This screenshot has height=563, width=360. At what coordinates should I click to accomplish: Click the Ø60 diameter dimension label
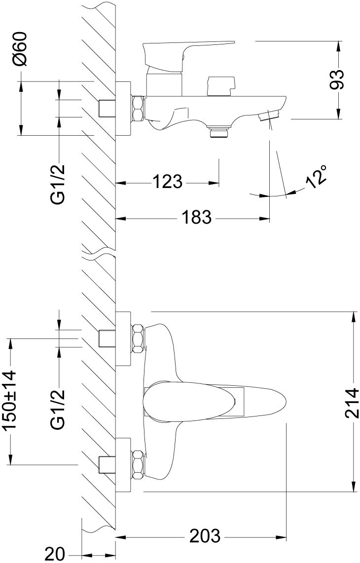pyautogui.click(x=21, y=50)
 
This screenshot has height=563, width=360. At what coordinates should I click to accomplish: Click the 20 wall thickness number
pyautogui.click(x=54, y=555)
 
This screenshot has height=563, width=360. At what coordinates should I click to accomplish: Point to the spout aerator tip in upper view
pyautogui.click(x=269, y=116)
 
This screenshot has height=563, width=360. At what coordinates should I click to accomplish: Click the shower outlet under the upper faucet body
pyautogui.click(x=219, y=132)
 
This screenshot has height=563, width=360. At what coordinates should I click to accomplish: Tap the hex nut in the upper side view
pyautogui.click(x=138, y=108)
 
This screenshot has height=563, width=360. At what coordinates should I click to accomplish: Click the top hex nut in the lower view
pyautogui.click(x=138, y=338)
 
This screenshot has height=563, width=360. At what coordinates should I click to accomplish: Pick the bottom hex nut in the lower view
pyautogui.click(x=138, y=464)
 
